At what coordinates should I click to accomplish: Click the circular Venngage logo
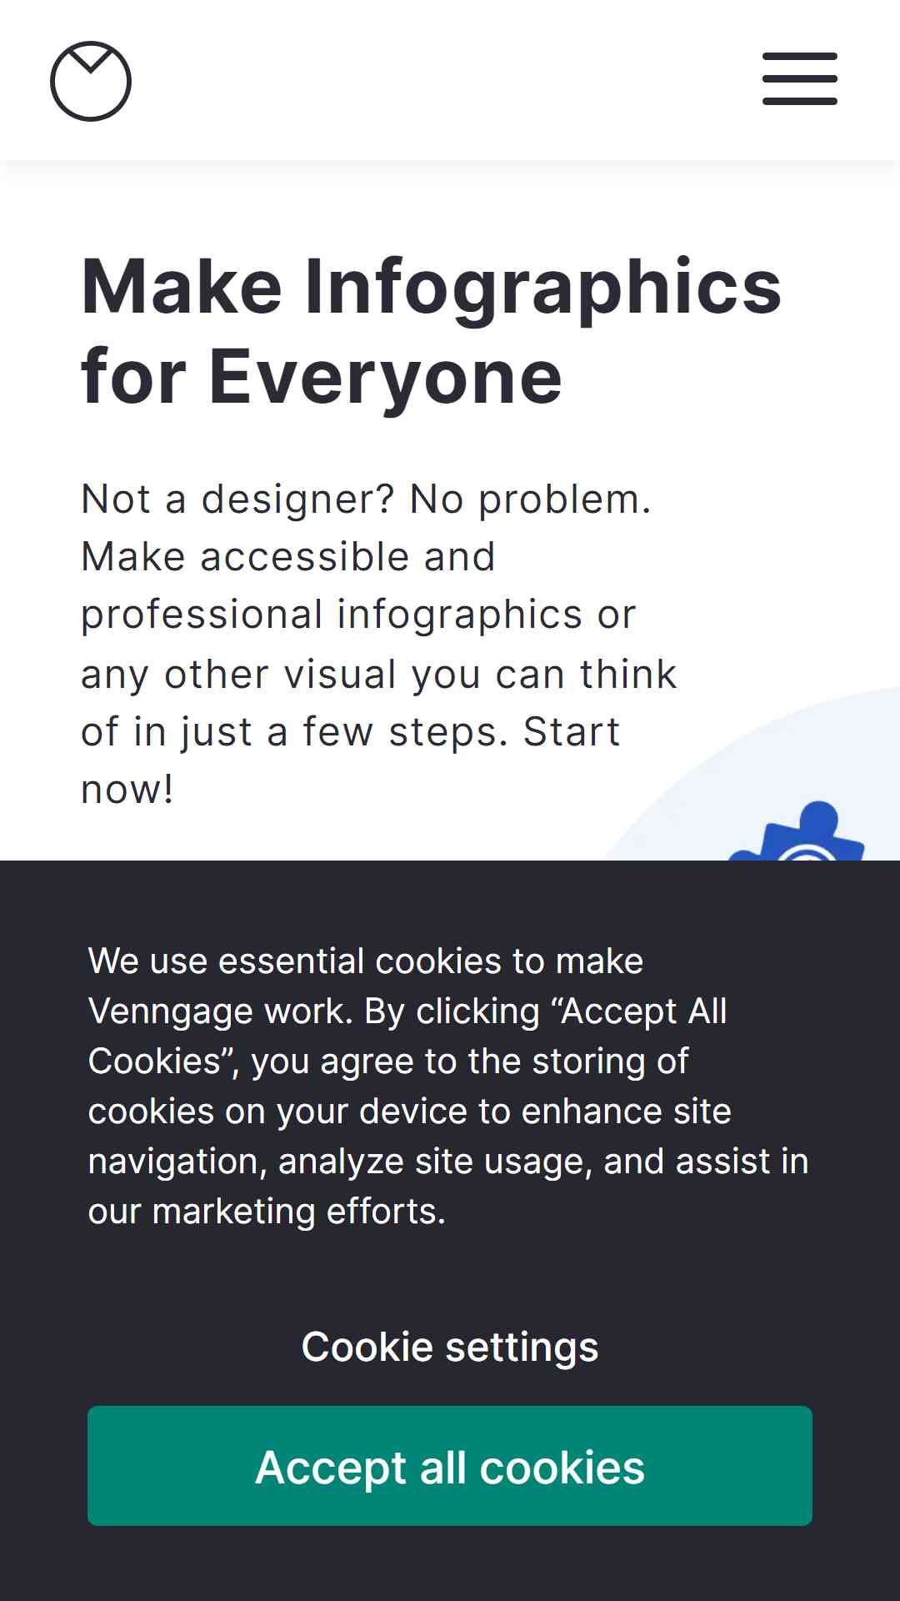coord(91,81)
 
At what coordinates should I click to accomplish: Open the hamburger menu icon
coord(800,79)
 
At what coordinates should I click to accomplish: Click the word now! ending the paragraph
coord(127,790)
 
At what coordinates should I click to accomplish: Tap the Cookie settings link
coord(450,1347)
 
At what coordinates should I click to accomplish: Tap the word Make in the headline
coord(182,288)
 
